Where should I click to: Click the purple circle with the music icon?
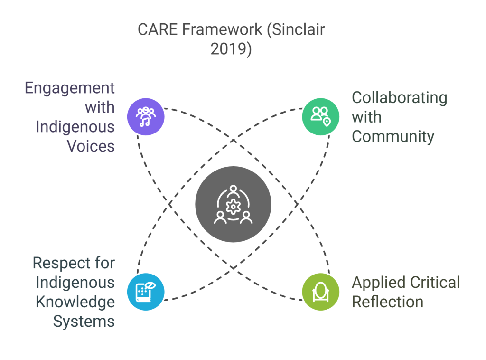click(x=146, y=116)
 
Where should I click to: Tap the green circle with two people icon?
click(x=321, y=115)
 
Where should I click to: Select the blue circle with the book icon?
click(x=146, y=291)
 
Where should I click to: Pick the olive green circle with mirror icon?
click(x=321, y=291)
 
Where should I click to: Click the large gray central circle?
click(x=233, y=204)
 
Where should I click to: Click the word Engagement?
click(x=69, y=88)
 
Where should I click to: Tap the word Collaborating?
click(x=399, y=98)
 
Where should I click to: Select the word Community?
click(x=393, y=137)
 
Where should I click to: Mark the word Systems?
click(x=84, y=321)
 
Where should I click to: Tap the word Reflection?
click(x=387, y=302)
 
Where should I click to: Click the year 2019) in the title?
click(x=231, y=49)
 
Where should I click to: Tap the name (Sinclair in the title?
click(x=295, y=29)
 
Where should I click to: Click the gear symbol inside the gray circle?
click(x=233, y=207)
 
